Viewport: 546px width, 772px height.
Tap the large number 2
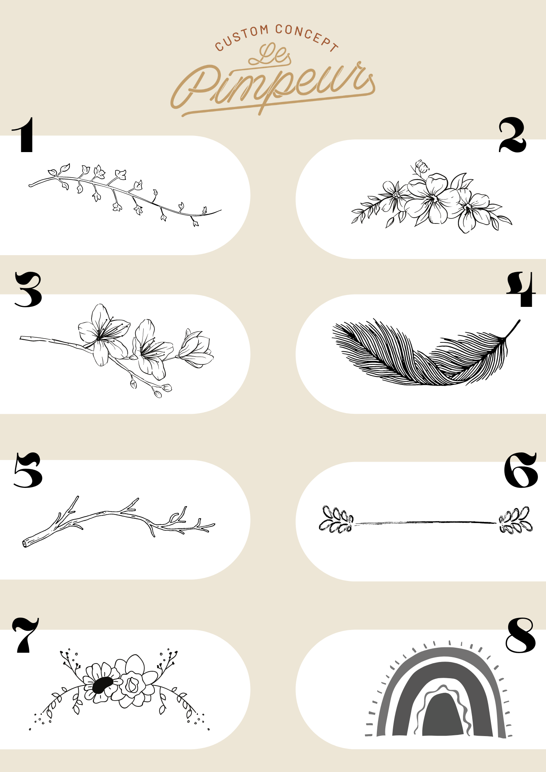pyautogui.click(x=512, y=135)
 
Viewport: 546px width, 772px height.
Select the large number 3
pyautogui.click(x=28, y=289)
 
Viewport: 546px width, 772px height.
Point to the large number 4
pyautogui.click(x=521, y=289)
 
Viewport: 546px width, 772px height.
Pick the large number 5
pyautogui.click(x=28, y=470)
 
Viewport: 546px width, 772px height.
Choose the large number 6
pyautogui.click(x=521, y=470)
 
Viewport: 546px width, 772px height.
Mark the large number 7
pyautogui.click(x=25, y=635)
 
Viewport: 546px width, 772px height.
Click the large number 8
pyautogui.click(x=521, y=635)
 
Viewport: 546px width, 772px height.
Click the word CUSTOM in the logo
pyautogui.click(x=241, y=37)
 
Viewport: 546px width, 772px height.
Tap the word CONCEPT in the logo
pyautogui.click(x=307, y=37)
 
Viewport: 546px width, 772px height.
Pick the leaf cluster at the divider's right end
pyautogui.click(x=515, y=520)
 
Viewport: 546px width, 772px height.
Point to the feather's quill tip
pyautogui.click(x=519, y=321)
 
